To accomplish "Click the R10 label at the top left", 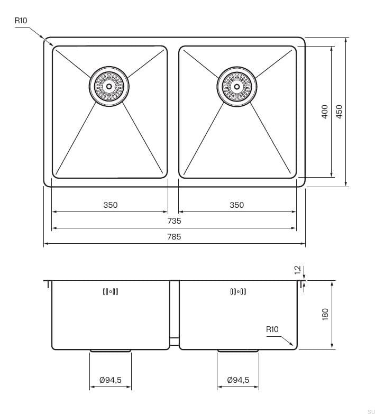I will click(21, 21).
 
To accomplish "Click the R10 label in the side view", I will click(272, 329).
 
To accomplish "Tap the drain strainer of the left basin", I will click(109, 86).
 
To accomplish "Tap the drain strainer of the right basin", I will click(236, 86).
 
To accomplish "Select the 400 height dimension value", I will click(325, 111).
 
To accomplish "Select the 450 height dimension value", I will click(340, 111).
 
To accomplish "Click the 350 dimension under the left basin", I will click(110, 205).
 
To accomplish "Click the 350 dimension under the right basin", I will click(237, 205).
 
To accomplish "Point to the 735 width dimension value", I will click(174, 221).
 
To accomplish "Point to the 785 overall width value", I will click(174, 237).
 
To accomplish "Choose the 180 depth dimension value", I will click(325, 314).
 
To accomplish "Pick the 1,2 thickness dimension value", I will click(297, 271).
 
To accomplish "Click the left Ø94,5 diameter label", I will click(111, 380).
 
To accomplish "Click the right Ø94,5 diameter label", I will click(237, 380).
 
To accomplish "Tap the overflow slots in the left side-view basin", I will click(110, 291).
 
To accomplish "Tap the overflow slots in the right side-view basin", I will click(237, 291).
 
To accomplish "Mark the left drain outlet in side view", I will click(111, 350).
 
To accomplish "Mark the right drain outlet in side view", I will click(237, 350).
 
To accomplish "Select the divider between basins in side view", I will click(174, 312).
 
